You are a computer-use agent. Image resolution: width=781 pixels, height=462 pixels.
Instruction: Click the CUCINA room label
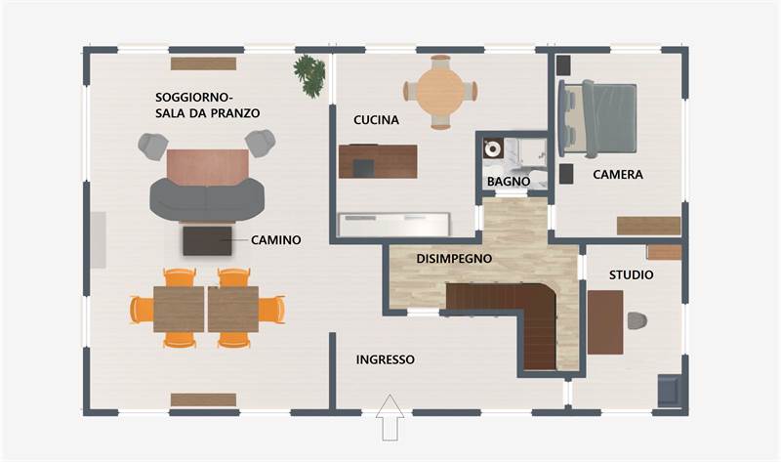coord(376,120)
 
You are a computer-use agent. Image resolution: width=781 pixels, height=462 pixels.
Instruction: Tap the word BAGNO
coord(509,182)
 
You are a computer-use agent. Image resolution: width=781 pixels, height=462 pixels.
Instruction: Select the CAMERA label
coord(618,175)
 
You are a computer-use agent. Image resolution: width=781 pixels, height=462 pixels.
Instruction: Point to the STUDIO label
coord(631,274)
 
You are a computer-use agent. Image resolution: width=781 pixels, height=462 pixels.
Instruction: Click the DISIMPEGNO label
coord(454,259)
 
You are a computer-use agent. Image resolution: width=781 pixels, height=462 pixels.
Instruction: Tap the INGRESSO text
coord(385,359)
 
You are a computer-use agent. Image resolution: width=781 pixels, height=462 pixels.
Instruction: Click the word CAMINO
coord(276,239)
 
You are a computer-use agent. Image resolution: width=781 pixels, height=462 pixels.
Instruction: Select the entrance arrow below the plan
coord(390,418)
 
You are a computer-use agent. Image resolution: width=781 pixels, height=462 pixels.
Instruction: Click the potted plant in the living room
coord(309,76)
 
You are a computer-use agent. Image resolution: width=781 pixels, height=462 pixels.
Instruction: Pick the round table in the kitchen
coord(440,92)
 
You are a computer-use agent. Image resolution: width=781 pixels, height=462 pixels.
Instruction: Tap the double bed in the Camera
coord(597,119)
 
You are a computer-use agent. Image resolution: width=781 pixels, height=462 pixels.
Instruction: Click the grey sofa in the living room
coord(207,199)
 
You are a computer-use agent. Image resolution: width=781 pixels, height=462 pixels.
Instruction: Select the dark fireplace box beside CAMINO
coord(207,240)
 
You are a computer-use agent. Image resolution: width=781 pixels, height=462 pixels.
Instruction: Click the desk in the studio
coord(605,322)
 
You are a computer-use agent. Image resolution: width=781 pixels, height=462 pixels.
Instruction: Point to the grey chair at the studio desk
coord(637,321)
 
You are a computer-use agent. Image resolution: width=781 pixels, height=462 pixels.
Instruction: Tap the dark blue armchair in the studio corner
coord(670,391)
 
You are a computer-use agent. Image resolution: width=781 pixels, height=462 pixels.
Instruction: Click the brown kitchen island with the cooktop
coord(378,161)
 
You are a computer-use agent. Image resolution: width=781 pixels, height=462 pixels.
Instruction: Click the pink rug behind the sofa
coord(208,167)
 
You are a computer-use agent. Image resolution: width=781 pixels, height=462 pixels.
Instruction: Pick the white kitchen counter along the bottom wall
coord(394,225)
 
